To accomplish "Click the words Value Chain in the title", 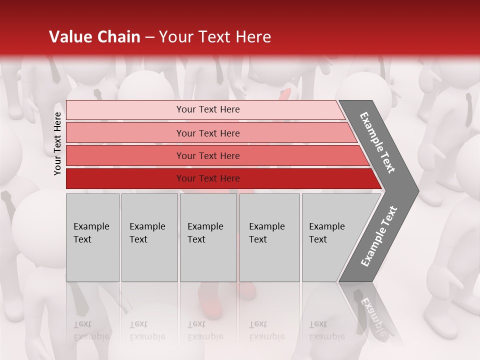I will click(94, 37).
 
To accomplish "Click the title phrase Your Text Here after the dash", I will click(215, 37).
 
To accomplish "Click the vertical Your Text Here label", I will click(57, 143).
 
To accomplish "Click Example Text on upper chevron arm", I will click(377, 142).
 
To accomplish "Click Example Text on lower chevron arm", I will click(379, 236).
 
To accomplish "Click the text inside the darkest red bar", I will click(208, 178).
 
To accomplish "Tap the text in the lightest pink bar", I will click(208, 109).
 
